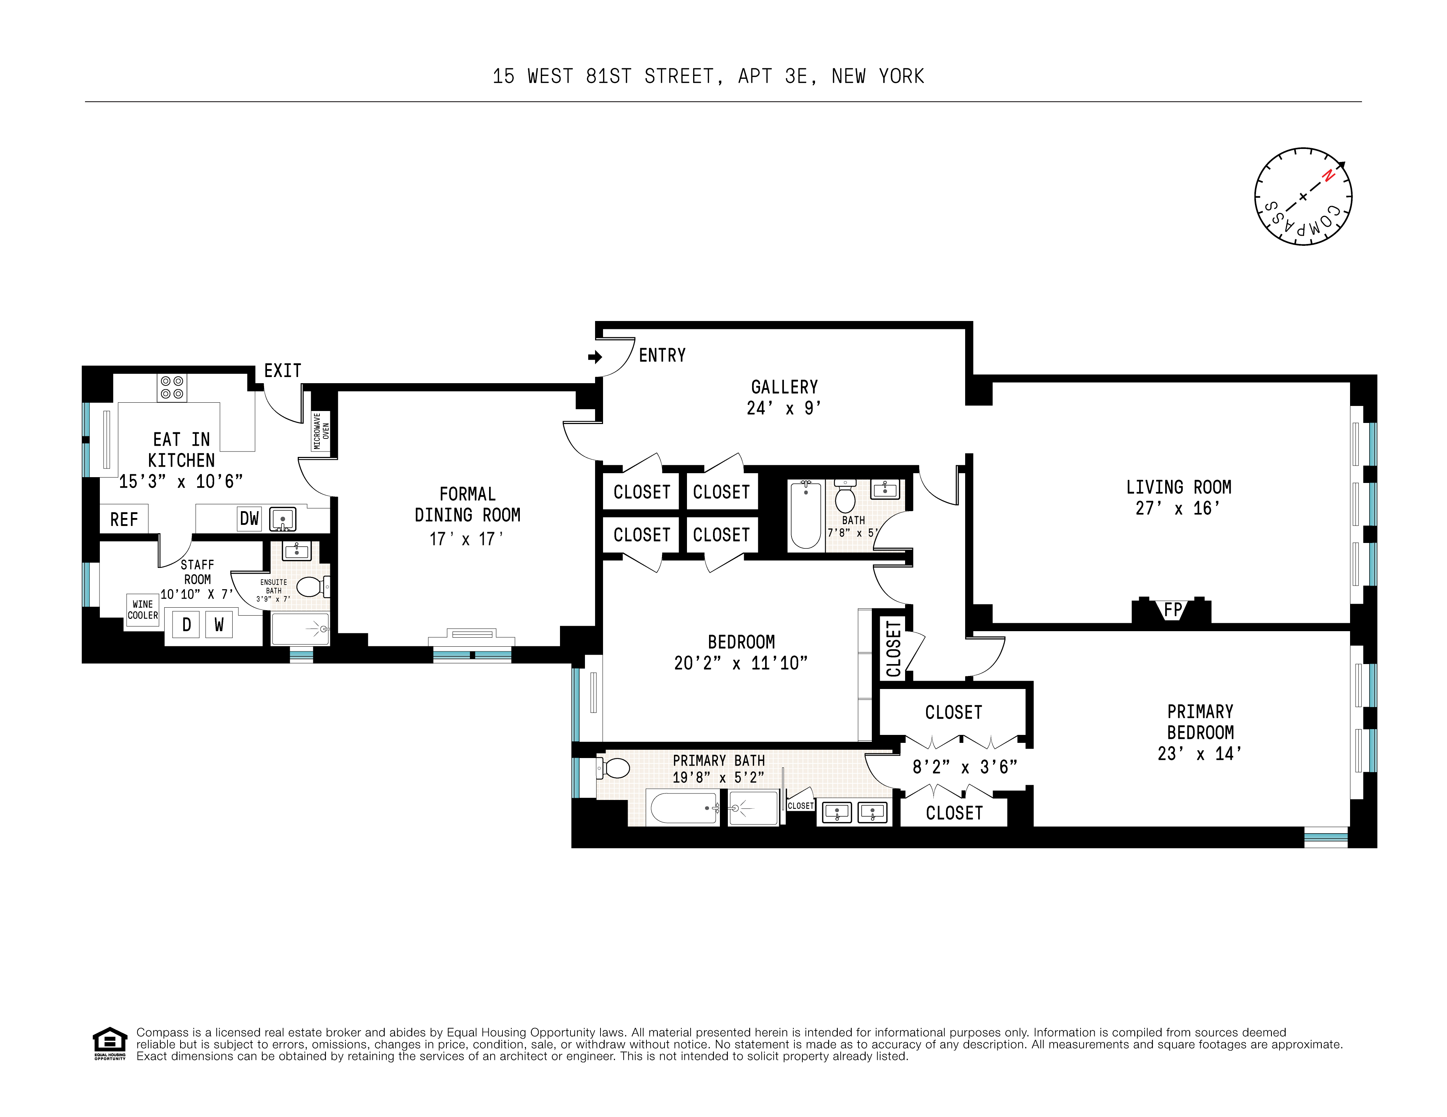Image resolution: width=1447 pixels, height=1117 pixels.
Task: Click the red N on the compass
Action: pyautogui.click(x=1328, y=175)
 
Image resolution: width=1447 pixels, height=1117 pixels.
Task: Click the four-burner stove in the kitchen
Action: pyautogui.click(x=171, y=388)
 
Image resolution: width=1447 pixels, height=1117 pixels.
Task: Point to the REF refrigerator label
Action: pyautogui.click(x=124, y=520)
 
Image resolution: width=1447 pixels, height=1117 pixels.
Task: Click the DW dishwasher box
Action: pyautogui.click(x=249, y=518)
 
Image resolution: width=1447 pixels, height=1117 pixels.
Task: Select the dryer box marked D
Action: pyautogui.click(x=187, y=624)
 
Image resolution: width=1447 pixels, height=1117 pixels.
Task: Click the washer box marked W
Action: pyautogui.click(x=218, y=624)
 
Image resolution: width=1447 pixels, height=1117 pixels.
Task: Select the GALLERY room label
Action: pyautogui.click(x=784, y=388)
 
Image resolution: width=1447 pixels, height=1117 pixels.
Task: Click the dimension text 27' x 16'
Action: pyautogui.click(x=1177, y=509)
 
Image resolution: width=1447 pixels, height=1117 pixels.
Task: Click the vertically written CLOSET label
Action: pyautogui.click(x=894, y=649)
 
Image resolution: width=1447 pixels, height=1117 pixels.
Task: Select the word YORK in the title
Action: pyautogui.click(x=901, y=77)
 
